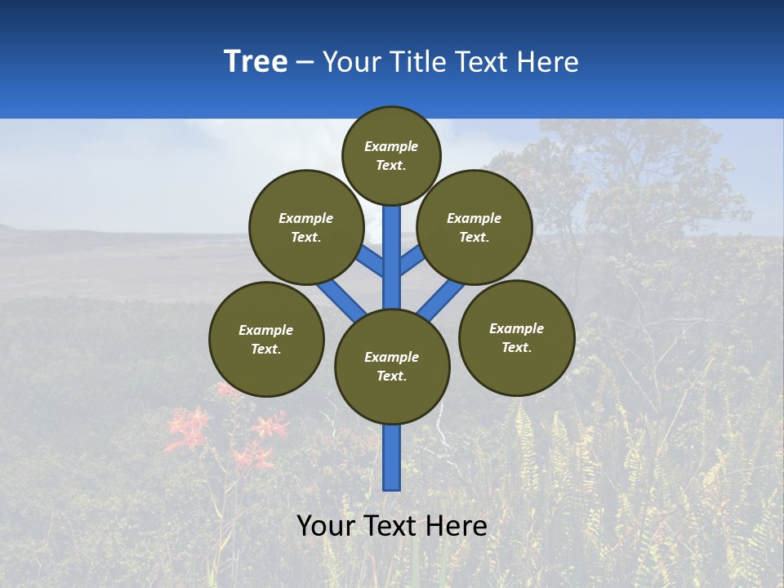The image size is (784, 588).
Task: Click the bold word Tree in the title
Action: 256,62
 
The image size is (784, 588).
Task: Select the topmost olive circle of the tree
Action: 391,155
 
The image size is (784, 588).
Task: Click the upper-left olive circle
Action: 306,227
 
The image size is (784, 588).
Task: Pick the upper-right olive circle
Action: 474,227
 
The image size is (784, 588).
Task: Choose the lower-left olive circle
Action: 266,339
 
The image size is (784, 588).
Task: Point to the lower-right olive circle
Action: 516,337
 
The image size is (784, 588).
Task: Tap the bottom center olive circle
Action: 392,366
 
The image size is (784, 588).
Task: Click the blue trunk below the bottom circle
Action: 392,457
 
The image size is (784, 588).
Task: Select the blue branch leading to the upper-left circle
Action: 369,261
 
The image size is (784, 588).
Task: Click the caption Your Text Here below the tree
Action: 392,526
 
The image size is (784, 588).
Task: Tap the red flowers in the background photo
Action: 192,429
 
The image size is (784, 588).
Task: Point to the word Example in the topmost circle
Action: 391,146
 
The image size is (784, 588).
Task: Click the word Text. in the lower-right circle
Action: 516,347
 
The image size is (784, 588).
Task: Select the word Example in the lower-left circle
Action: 266,330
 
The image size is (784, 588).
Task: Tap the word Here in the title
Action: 551,62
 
